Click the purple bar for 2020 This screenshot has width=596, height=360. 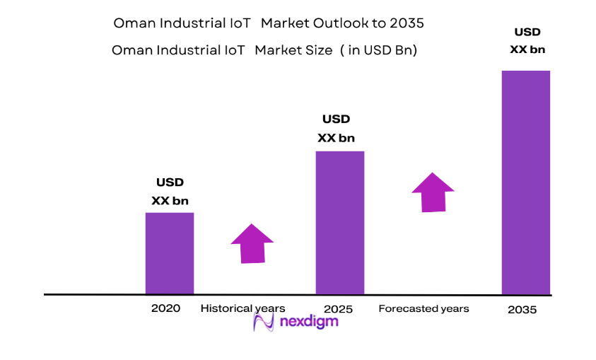[170, 253]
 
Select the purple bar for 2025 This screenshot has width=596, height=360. [339, 223]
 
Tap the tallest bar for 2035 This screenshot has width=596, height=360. [525, 182]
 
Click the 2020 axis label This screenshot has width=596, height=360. [165, 308]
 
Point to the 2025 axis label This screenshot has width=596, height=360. [338, 309]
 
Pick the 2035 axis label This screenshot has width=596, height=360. [522, 310]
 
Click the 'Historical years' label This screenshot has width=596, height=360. [243, 308]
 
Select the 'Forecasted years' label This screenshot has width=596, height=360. [423, 308]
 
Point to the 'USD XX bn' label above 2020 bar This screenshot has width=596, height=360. [170, 192]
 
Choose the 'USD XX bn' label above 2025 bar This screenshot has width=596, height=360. [336, 129]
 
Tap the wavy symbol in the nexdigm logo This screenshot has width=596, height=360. [264, 323]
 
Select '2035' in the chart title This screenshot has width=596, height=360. [406, 23]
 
